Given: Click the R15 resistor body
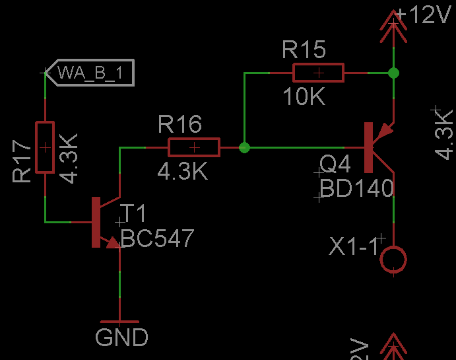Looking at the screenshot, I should [x=319, y=73].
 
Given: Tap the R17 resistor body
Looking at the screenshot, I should [x=44, y=147].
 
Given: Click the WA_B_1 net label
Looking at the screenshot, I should [x=90, y=73].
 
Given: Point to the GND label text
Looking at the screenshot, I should [x=122, y=338].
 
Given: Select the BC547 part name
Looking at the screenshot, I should [x=158, y=238].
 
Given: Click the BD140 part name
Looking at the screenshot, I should [x=357, y=190].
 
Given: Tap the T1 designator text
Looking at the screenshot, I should [x=133, y=214].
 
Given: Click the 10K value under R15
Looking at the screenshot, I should [x=304, y=98].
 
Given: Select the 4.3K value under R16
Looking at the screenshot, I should [x=183, y=172].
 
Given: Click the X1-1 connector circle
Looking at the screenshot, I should [x=393, y=259].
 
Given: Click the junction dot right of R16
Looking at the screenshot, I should [x=245, y=147].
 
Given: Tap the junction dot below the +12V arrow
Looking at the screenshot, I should [x=394, y=72].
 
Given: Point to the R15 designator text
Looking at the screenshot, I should [x=304, y=50].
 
